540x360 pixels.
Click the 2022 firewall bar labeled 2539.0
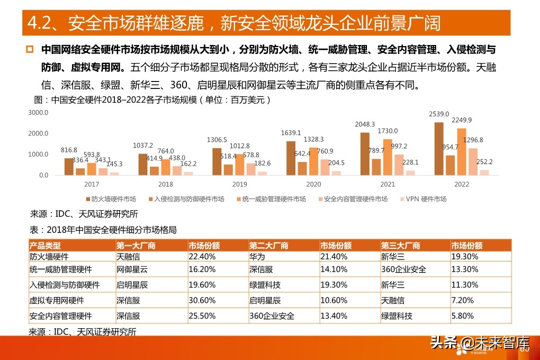[438, 149]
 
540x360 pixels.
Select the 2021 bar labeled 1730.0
[388, 157]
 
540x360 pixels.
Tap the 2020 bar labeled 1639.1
[291, 158]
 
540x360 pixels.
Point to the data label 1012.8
[240, 147]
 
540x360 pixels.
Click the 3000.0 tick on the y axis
[39, 113]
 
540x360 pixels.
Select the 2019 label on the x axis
[240, 184]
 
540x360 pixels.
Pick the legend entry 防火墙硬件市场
[111, 199]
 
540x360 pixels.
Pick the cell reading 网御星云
[132, 269]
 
